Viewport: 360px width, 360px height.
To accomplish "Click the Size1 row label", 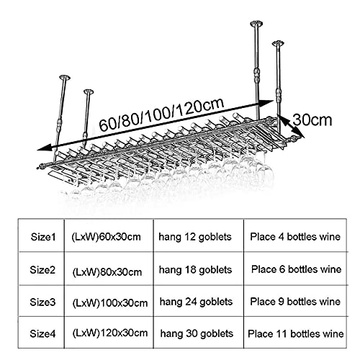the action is (43, 237).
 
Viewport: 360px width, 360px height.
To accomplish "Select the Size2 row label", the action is (42, 270).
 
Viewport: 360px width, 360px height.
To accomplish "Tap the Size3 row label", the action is (42, 302).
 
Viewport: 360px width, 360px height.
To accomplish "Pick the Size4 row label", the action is (42, 333).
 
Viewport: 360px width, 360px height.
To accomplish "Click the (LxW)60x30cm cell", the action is (106, 237).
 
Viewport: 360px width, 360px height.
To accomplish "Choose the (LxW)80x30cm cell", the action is (107, 272).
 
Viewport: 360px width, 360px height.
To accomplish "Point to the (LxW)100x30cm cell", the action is (110, 303).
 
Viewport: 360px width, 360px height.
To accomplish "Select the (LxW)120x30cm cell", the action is (110, 333).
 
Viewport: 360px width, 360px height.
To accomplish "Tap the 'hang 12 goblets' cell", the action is (195, 237).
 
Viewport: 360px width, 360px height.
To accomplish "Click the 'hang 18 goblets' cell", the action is (195, 270).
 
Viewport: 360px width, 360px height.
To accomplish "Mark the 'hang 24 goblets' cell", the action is (196, 302).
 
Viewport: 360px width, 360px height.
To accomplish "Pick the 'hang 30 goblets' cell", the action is (197, 334).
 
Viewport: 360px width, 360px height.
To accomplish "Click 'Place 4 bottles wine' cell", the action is (295, 237).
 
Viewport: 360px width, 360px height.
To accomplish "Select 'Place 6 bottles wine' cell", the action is (296, 269).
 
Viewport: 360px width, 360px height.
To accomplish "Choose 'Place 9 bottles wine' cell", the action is (295, 302).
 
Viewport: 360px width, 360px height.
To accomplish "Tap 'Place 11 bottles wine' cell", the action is (296, 334).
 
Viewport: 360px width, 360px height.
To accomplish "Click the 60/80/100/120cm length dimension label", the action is (161, 114).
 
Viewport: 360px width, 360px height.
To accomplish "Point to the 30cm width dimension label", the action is (312, 120).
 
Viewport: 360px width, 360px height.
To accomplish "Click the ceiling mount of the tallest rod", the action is (256, 24).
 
